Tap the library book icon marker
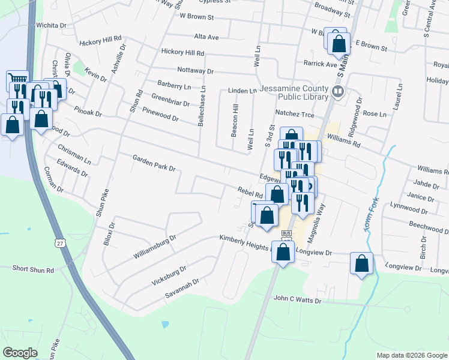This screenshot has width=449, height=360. pos(338,92)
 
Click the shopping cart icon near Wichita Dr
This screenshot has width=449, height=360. pos(17,80)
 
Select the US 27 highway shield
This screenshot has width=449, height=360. pos(59,242)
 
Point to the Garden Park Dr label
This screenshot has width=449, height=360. pos(154,163)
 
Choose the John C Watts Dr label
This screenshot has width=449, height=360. pos(298,299)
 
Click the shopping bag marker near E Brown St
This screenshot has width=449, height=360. pos(339,43)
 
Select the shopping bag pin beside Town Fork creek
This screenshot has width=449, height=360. pos(361,263)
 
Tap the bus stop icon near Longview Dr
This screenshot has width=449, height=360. pos(286,233)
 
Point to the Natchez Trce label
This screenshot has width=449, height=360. pos(295,113)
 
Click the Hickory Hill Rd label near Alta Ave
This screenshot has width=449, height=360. pos(183,53)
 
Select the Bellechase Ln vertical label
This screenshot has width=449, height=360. pos(203,105)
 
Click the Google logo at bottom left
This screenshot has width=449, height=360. pos(20,352)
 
